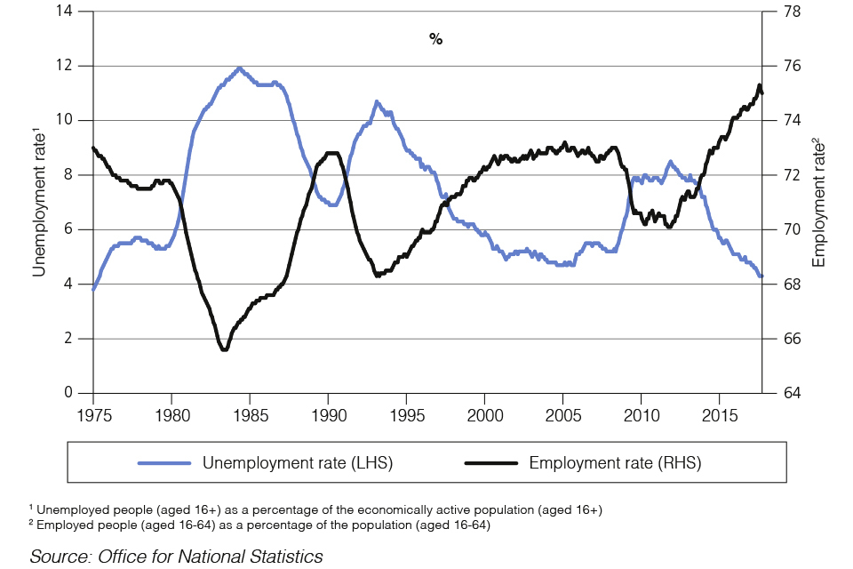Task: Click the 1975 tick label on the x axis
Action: (93, 414)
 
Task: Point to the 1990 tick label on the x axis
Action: (328, 414)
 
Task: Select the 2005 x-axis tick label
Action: (562, 414)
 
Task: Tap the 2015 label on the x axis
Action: (719, 414)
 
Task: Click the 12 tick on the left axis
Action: (64, 66)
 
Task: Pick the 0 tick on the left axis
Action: (68, 393)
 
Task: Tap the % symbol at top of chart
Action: (435, 39)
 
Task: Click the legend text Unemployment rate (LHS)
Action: (298, 462)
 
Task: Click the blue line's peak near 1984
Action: (238, 68)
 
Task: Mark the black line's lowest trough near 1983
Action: (224, 349)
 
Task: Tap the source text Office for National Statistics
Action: (176, 557)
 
